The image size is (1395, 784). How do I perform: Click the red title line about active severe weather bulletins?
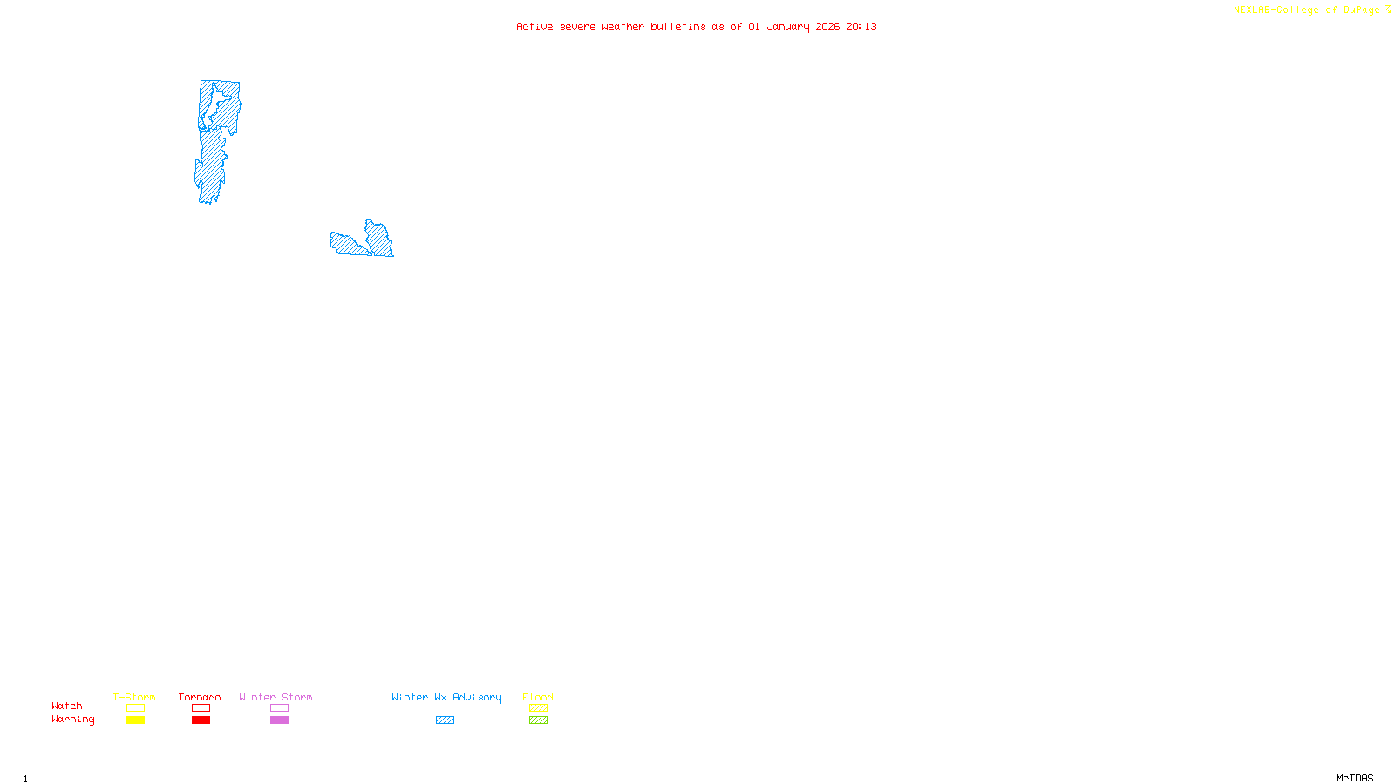pyautogui.click(x=696, y=26)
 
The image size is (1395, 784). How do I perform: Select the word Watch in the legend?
pyautogui.click(x=67, y=706)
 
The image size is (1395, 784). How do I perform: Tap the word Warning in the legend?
pyautogui.click(x=72, y=720)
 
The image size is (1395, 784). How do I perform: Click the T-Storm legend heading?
pyautogui.click(x=134, y=697)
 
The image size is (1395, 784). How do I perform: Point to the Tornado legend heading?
pyautogui.click(x=200, y=697)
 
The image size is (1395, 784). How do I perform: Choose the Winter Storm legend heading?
pyautogui.click(x=276, y=697)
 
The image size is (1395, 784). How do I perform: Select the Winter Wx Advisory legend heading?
pyautogui.click(x=446, y=697)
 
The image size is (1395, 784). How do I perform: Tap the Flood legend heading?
pyautogui.click(x=538, y=697)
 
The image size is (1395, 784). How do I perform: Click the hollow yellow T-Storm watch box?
pyautogui.click(x=135, y=708)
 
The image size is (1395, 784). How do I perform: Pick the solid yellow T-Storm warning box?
pyautogui.click(x=135, y=720)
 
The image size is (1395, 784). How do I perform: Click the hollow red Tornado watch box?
pyautogui.click(x=201, y=708)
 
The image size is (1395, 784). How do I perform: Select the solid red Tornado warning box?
pyautogui.click(x=201, y=720)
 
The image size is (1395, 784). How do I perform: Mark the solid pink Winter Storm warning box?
pyautogui.click(x=279, y=720)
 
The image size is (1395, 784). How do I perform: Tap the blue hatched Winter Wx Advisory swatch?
pyautogui.click(x=445, y=720)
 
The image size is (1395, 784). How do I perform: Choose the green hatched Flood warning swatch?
pyautogui.click(x=538, y=720)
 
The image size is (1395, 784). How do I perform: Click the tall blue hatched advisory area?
pyautogui.click(x=214, y=139)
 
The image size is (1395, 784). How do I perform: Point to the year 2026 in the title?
pyautogui.click(x=827, y=26)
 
